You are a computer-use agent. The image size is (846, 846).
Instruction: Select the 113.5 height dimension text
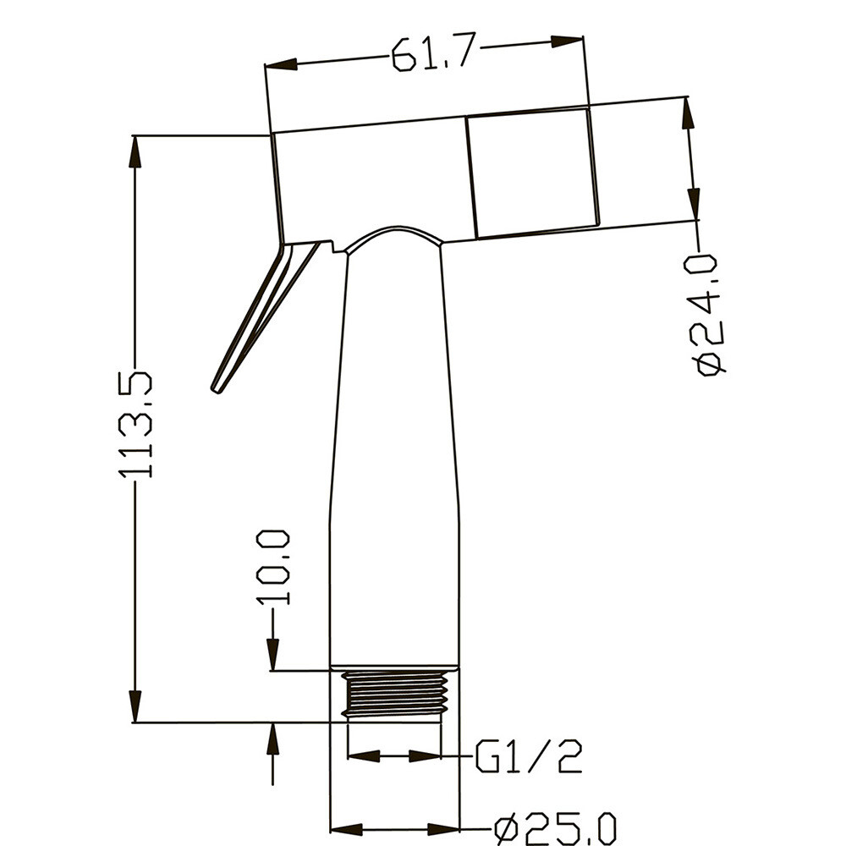(x=136, y=425)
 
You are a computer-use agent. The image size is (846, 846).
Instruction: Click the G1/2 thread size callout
(x=529, y=756)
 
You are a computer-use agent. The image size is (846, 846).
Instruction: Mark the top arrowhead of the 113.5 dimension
(x=135, y=152)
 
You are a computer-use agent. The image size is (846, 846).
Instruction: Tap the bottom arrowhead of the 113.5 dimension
(x=135, y=706)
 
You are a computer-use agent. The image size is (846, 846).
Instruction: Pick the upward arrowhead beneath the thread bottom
(x=272, y=739)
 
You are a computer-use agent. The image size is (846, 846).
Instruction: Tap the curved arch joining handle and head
(x=394, y=233)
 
